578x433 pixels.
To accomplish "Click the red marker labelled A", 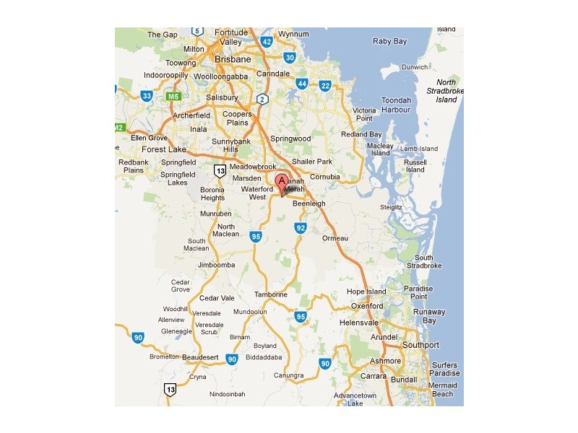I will point(282,182).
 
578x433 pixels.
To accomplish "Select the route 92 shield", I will point(301,228).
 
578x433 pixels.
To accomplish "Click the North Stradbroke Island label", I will point(447,92).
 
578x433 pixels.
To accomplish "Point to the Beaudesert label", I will point(201,357).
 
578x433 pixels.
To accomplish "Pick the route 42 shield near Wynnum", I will point(267,42).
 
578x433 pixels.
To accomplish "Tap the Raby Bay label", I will point(390,41).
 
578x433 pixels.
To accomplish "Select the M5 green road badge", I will point(173,96).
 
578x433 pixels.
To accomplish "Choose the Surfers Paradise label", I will point(445,369).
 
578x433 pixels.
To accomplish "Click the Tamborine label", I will point(271,294).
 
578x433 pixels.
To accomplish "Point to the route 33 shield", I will point(147,95).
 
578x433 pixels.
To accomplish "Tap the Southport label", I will point(420,345).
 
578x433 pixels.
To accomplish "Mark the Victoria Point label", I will point(363,114).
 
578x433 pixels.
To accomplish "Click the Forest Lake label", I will point(163,149).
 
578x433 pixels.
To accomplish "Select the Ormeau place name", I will point(335,238).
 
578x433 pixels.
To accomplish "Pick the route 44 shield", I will point(301,84).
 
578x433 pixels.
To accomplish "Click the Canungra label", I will point(288,375).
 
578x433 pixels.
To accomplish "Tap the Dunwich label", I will point(415,67).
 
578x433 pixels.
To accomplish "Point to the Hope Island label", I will point(367,292).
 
